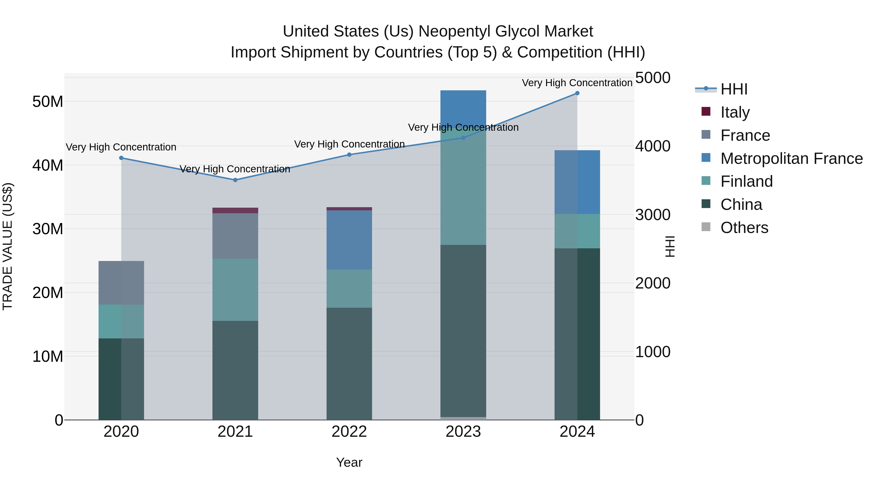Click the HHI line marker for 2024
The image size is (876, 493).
577,93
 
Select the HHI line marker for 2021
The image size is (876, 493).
235,180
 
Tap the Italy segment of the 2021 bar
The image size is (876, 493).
235,211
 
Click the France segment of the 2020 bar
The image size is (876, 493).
121,283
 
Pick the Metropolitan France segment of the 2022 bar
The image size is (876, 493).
349,240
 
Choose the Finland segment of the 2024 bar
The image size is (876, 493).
577,231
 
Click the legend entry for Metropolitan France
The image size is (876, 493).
791,158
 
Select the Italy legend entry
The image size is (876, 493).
735,112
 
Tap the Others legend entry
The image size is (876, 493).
744,228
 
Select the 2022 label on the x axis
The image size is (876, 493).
349,432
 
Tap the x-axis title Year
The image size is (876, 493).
349,462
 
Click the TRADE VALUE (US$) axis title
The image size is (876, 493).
8,246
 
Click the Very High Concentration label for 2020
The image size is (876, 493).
121,147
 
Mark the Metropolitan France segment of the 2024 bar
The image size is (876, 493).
577,182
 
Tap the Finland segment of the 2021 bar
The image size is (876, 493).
235,289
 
